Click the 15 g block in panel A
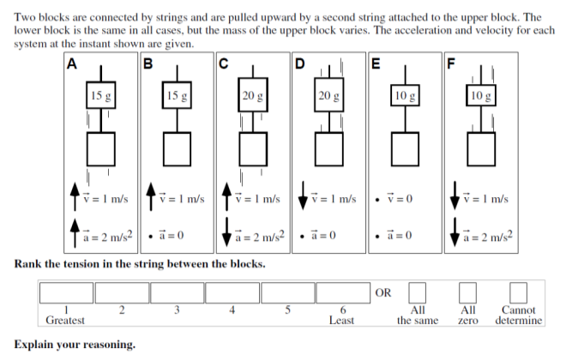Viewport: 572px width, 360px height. tap(101, 96)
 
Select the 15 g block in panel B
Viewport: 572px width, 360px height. tap(178, 96)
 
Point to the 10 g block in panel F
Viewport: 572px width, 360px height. tap(481, 96)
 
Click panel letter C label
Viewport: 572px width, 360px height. tap(223, 62)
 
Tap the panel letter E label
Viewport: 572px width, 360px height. tap(375, 62)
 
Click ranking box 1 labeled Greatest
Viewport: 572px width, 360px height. tap(66, 293)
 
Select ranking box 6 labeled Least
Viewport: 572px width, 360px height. tap(342, 293)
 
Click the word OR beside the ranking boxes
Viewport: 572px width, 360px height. tap(384, 293)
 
